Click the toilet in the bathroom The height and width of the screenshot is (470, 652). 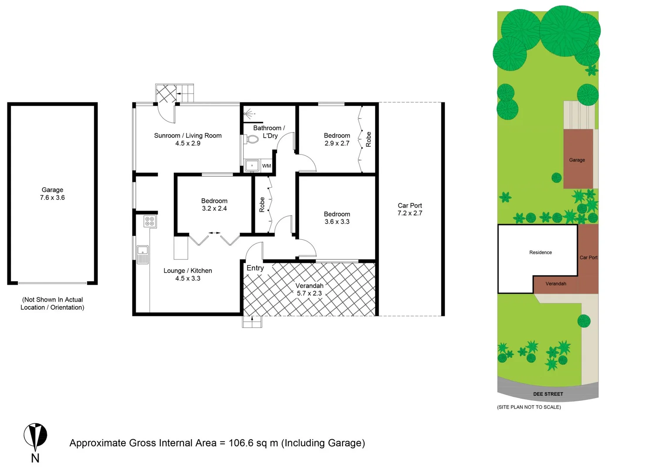[x=251, y=140]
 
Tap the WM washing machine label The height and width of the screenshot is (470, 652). [x=266, y=166]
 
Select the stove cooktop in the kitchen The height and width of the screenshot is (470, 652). [x=149, y=221]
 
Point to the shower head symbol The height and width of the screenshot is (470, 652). [x=249, y=114]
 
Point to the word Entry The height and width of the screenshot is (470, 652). [x=255, y=268]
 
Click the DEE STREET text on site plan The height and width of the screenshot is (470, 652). [x=548, y=394]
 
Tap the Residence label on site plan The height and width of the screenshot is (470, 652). [x=540, y=252]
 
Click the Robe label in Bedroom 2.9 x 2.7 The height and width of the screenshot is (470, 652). [x=369, y=139]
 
